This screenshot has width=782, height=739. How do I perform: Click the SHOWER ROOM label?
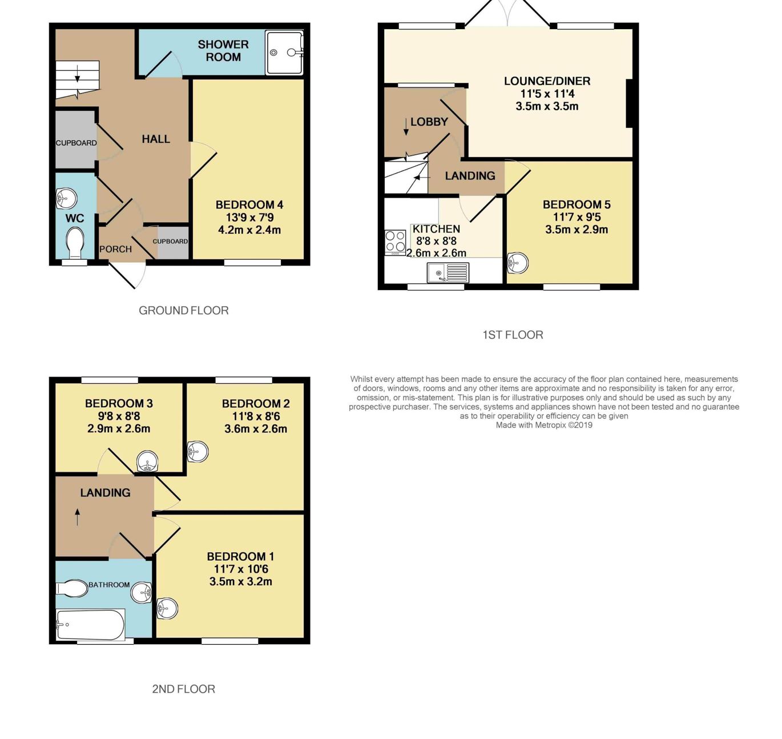click(x=223, y=51)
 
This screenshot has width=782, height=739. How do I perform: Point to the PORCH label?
click(x=115, y=249)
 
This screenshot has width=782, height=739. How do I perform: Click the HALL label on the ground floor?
click(x=156, y=139)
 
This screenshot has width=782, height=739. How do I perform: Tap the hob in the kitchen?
click(x=395, y=242)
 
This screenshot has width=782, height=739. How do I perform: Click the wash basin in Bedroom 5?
click(x=517, y=263)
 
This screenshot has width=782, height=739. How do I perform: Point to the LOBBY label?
click(x=429, y=122)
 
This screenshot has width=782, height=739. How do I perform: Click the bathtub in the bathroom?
click(x=91, y=625)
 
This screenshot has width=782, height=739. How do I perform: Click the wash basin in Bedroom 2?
click(x=197, y=452)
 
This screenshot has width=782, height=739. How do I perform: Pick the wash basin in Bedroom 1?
click(x=167, y=609)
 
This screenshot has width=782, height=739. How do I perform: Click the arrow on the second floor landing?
click(x=77, y=517)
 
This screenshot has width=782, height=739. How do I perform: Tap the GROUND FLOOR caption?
click(x=183, y=311)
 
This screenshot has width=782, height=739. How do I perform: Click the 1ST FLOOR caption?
click(x=513, y=335)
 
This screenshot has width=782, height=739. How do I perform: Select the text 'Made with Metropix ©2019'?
click(x=544, y=425)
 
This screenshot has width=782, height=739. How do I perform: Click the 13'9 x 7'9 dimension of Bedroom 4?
click(x=249, y=217)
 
